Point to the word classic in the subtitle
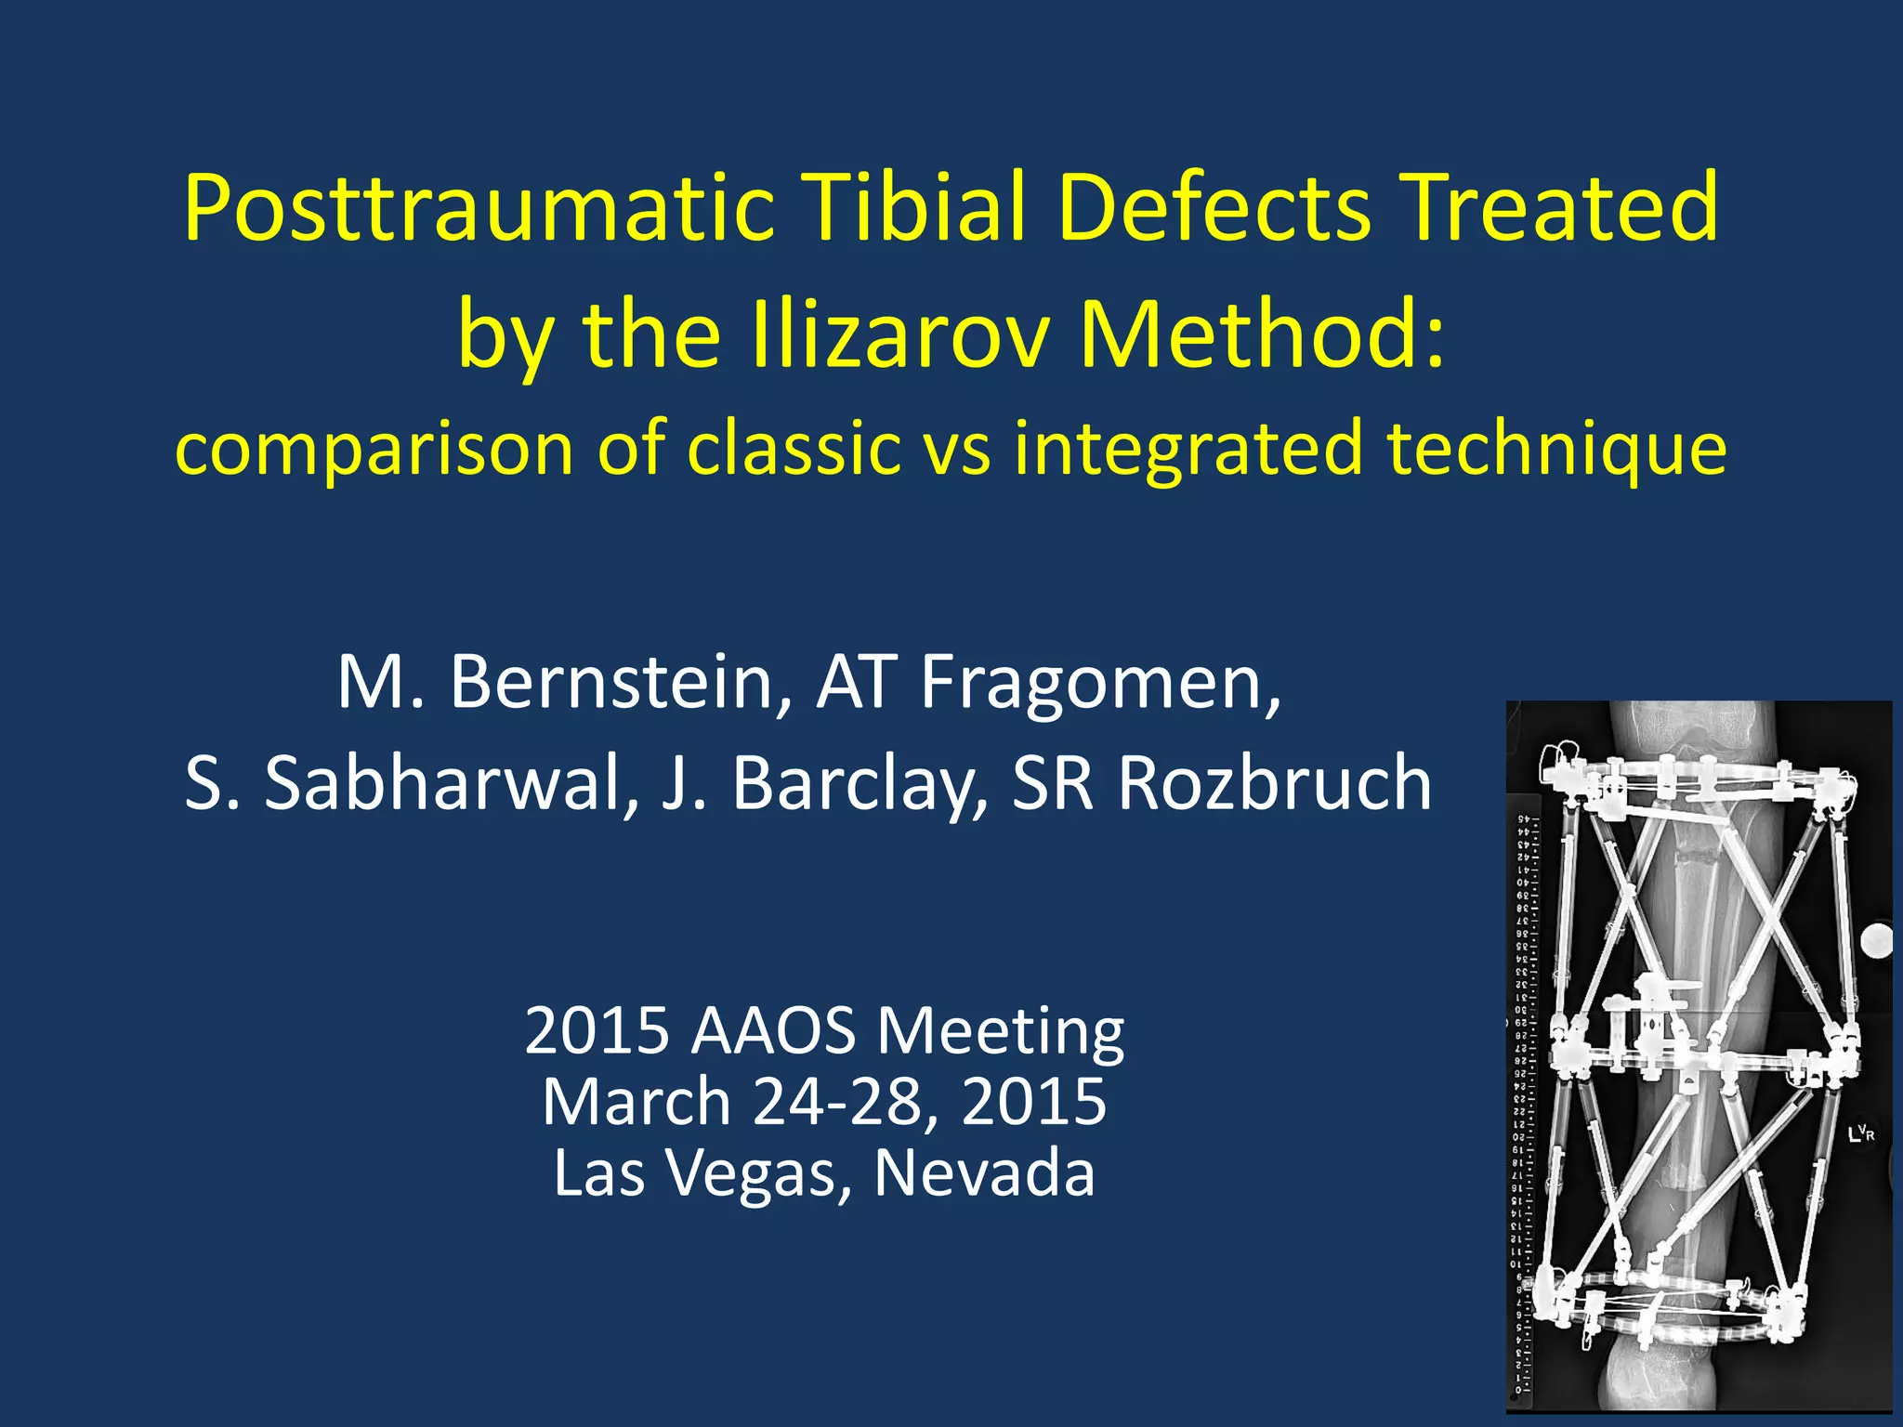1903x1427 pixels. pyautogui.click(x=794, y=448)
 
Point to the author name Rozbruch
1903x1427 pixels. pyautogui.click(x=1274, y=783)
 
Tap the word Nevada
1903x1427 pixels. pyautogui.click(x=984, y=1173)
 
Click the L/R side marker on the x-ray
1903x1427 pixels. pyautogui.click(x=1862, y=1132)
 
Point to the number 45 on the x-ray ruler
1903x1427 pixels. pyautogui.click(x=1524, y=820)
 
